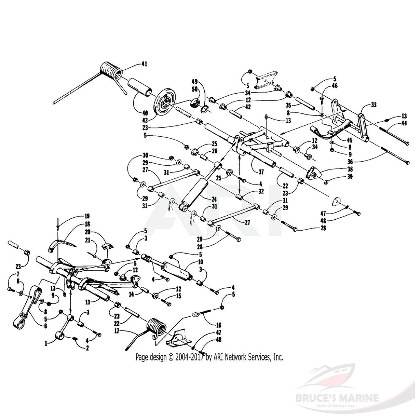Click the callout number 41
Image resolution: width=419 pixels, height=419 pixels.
pos(144,64)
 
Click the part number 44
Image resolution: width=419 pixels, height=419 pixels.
pos(404,122)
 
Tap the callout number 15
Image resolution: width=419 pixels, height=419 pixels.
pos(178,296)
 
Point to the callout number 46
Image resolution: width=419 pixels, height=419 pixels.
pos(335,87)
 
